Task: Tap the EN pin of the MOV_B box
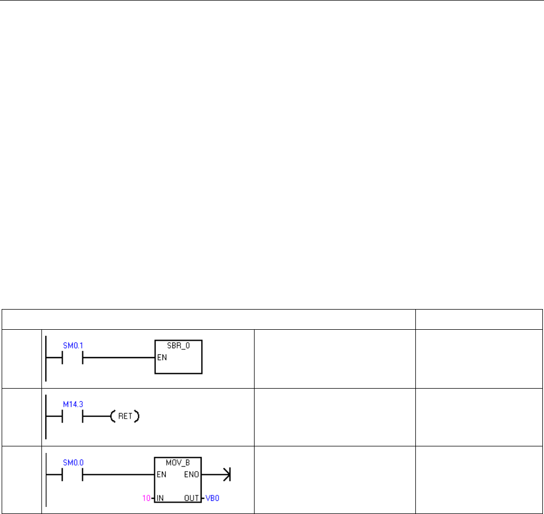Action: [162, 474]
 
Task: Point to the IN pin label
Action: [161, 497]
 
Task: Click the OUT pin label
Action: [191, 497]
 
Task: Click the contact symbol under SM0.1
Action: [72, 358]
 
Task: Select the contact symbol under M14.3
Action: [72, 416]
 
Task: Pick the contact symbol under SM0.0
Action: [72, 474]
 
